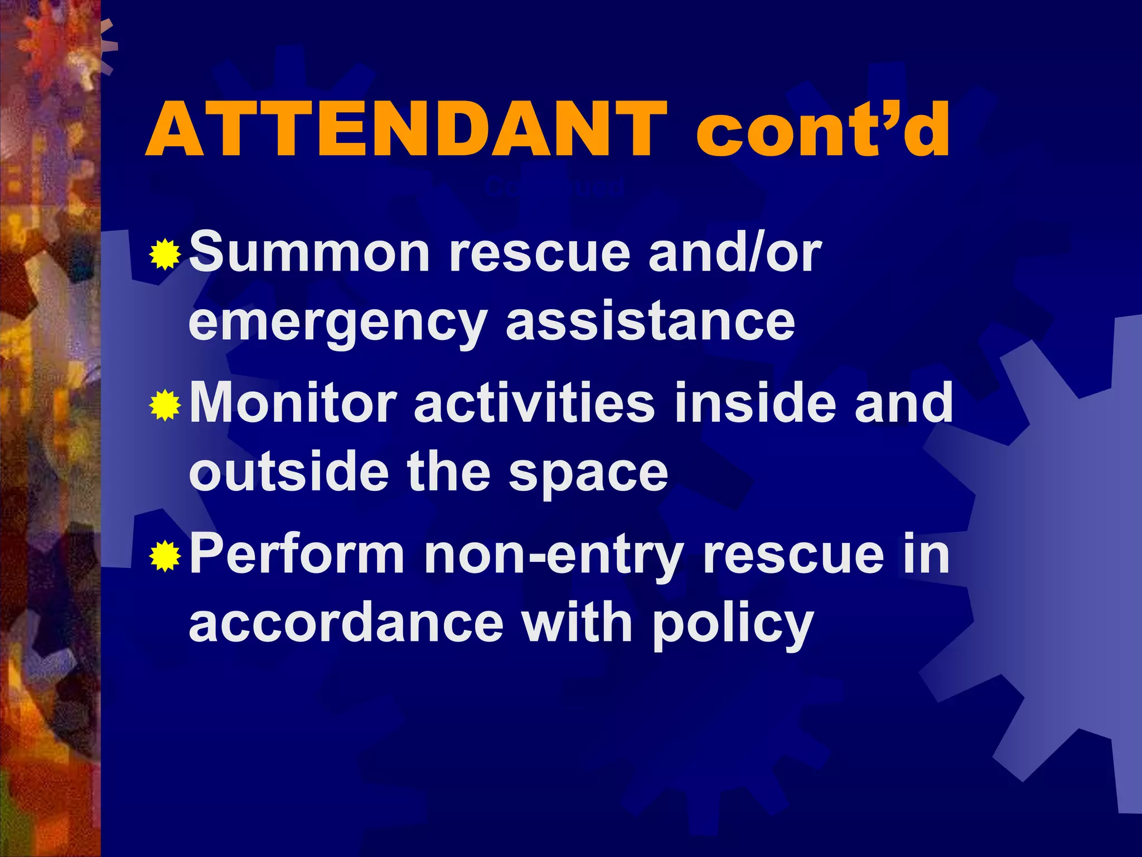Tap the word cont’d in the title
coord(822,130)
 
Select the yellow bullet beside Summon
coord(165,254)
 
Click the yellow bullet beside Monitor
coord(165,405)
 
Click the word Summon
coord(309,253)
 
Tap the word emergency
coord(338,324)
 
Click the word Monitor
coord(293,403)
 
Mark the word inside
coord(756,403)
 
